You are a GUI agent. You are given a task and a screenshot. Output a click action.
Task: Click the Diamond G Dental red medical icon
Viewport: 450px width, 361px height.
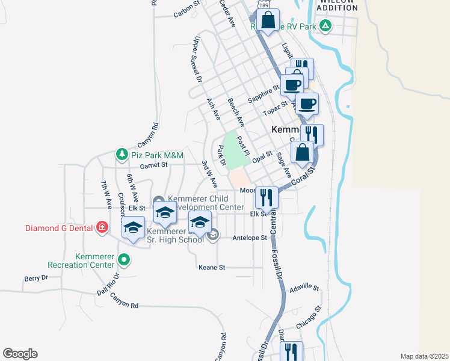coord(102,227)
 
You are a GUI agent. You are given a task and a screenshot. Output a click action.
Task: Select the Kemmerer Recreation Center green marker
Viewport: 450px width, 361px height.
coord(124,260)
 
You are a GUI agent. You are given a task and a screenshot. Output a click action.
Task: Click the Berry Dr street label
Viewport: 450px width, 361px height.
coord(35,278)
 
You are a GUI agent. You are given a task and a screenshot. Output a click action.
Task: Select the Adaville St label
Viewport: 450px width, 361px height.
coord(304,288)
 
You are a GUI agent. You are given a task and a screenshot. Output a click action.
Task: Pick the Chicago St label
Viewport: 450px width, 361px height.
coord(310,317)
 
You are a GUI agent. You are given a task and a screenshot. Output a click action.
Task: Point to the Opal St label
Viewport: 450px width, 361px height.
coord(263,157)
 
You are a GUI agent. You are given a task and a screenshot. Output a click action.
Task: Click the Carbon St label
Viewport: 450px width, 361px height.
coord(186,9)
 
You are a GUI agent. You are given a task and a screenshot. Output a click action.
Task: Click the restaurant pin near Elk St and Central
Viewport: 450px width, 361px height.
coord(266,197)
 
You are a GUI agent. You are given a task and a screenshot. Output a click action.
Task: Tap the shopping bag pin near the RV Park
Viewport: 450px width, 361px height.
coord(267,20)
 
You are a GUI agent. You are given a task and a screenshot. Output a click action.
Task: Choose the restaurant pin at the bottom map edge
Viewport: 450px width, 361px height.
coord(291,351)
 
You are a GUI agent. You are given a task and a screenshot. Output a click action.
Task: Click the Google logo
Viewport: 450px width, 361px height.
coord(20,354)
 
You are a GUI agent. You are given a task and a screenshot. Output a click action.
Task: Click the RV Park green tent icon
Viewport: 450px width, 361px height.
coord(325,25)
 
